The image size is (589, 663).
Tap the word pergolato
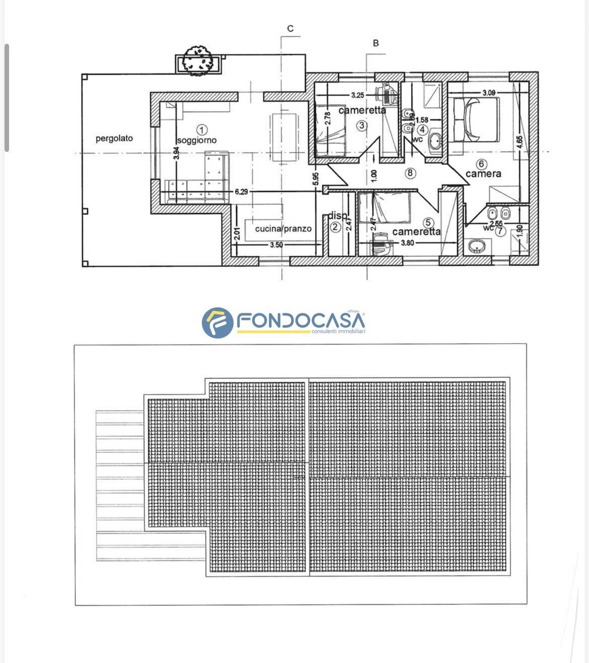pos(114,138)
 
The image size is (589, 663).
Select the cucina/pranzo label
pos(283,229)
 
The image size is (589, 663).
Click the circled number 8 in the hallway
pos(410,173)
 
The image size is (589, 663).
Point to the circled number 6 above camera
pos(482,164)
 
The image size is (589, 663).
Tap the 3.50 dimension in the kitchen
pos(276,245)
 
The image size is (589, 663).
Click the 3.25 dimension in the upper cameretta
pos(357,95)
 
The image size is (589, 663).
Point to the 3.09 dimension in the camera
pos(489,93)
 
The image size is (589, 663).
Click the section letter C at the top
pos(290,29)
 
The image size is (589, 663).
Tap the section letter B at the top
pos(376,43)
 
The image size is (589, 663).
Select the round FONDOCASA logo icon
pos(217,322)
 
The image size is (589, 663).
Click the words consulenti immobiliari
pos(338,331)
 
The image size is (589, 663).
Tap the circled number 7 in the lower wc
pos(499,231)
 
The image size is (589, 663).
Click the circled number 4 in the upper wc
pos(422,130)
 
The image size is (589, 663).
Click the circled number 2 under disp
pos(335,227)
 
